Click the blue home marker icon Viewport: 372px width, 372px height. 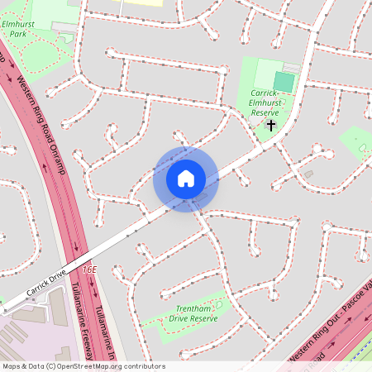(x=186, y=179)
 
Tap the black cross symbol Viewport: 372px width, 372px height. (x=270, y=125)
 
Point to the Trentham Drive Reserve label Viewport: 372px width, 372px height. (x=192, y=312)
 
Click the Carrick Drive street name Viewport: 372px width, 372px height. (x=45, y=286)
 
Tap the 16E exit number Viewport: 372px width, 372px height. (x=89, y=269)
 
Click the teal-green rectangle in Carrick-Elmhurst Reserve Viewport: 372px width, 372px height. (x=284, y=81)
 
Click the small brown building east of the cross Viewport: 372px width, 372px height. (x=308, y=174)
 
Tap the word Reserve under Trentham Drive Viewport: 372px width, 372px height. (x=203, y=317)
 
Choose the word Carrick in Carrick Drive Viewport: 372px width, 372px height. (x=36, y=290)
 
